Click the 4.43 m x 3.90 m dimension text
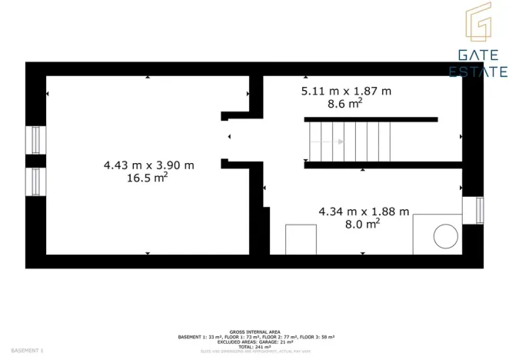[x=148, y=165]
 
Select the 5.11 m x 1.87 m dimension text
[x=345, y=91]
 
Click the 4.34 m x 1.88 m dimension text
[x=364, y=212]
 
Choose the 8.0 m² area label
[x=361, y=224]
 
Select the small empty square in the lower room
[x=301, y=239]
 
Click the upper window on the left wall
[x=34, y=140]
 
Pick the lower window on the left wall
[x=34, y=182]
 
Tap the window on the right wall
[x=478, y=210]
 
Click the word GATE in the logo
[x=477, y=55]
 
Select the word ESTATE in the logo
[x=477, y=72]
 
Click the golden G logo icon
[x=478, y=24]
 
